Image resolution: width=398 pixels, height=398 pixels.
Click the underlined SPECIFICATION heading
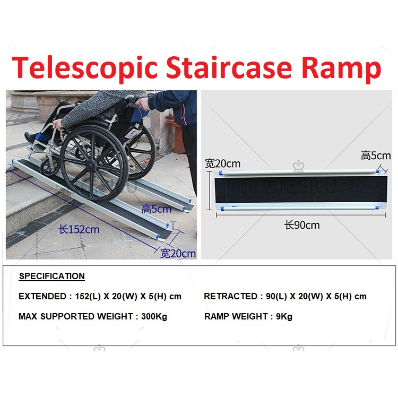(x=51, y=276)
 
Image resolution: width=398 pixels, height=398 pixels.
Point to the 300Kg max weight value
(x=154, y=317)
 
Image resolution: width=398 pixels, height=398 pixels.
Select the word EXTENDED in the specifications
(x=41, y=296)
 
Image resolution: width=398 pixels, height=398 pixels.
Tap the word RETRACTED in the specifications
(x=229, y=296)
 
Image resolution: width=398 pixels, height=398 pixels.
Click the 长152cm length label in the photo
(x=79, y=230)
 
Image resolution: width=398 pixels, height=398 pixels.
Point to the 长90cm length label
(x=301, y=225)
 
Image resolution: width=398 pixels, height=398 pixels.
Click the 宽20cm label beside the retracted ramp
(x=223, y=163)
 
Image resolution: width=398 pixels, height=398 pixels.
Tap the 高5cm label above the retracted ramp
(x=375, y=155)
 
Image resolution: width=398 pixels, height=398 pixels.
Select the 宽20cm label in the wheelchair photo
(x=178, y=253)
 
